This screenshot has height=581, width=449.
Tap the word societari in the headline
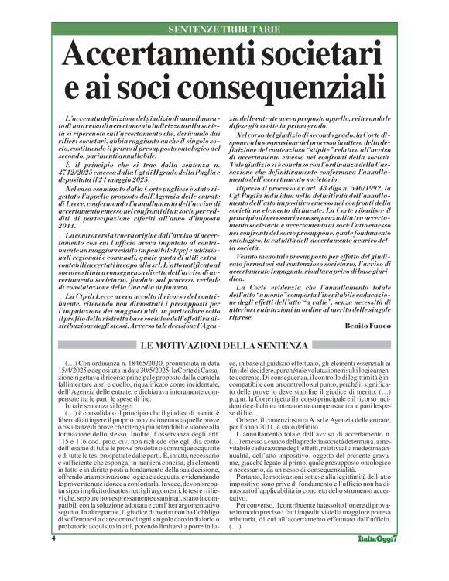320,56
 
